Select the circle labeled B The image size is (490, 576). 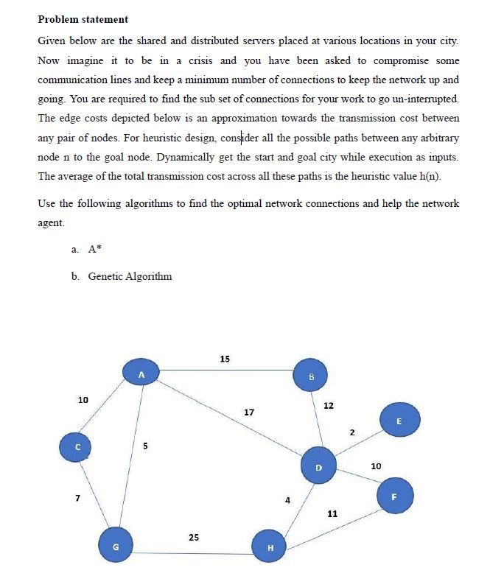pyautogui.click(x=311, y=377)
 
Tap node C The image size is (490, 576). pyautogui.click(x=76, y=447)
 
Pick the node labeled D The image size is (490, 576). pyautogui.click(x=318, y=466)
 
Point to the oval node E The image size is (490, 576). pyautogui.click(x=399, y=421)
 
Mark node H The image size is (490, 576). pyautogui.click(x=270, y=547)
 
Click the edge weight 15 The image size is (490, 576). pyautogui.click(x=225, y=359)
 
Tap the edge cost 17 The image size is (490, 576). pyautogui.click(x=249, y=412)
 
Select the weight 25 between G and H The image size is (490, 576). pyautogui.click(x=193, y=537)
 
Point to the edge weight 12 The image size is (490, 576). pyautogui.click(x=328, y=406)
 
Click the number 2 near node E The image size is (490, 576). pyautogui.click(x=352, y=432)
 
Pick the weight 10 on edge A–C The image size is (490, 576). pyautogui.click(x=83, y=399)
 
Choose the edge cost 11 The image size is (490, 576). pyautogui.click(x=332, y=513)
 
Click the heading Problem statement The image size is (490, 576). pyautogui.click(x=83, y=19)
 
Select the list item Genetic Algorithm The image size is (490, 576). pyautogui.click(x=130, y=276)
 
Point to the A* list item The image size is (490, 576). pyautogui.click(x=94, y=249)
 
